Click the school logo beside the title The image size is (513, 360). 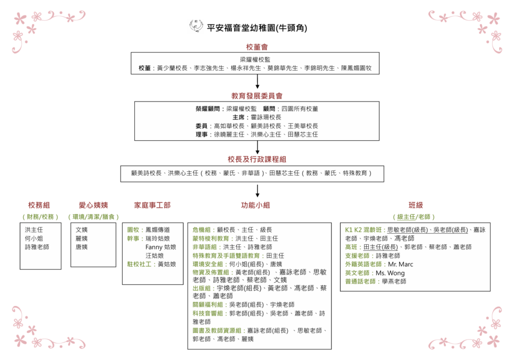(196, 26)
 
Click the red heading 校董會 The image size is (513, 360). (257, 47)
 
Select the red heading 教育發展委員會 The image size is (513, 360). (257, 96)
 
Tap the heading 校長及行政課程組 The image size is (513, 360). (257, 159)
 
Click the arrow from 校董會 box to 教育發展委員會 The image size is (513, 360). (258, 82)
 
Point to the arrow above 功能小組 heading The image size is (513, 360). (258, 191)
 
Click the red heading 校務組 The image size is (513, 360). (39, 205)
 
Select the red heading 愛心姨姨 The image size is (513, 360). (93, 205)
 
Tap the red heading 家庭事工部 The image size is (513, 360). (152, 205)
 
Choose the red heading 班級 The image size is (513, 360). (415, 205)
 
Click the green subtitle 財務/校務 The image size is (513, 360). (40, 217)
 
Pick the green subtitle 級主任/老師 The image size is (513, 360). (414, 217)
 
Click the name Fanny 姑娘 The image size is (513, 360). (161, 247)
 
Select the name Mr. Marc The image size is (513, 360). (400, 264)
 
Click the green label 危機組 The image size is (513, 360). (201, 230)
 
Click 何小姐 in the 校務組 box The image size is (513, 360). (34, 238)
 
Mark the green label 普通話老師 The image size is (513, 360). (360, 281)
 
